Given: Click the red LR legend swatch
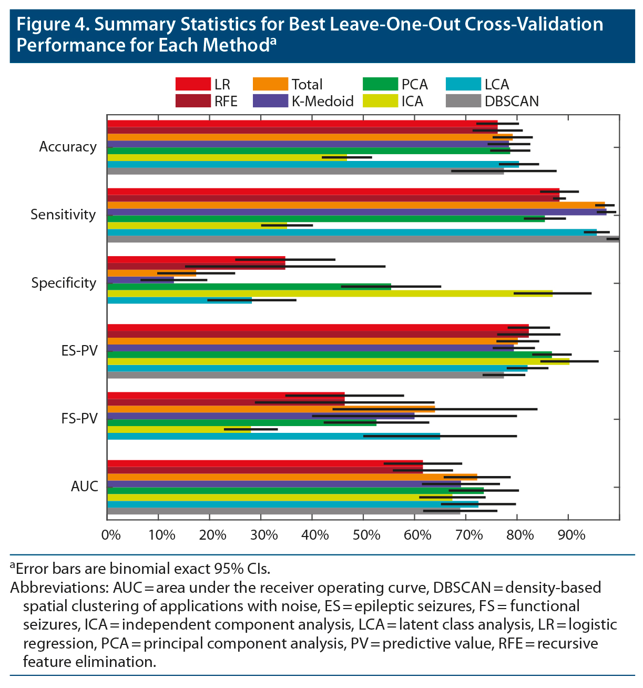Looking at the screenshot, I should pos(192,84).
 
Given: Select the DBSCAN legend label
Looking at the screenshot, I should pos(511,102).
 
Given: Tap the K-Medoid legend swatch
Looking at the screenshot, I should pos(270,101).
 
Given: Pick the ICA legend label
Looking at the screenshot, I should pos(412,102).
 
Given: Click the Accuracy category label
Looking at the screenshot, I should pos(68,147).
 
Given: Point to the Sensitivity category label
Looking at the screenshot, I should pos(63,215).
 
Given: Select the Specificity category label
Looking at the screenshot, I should pos(64,283).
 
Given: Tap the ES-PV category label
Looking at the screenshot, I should pos(79,351).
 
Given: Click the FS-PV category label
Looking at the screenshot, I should pos(79,419).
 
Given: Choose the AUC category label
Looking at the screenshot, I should pos(85,487).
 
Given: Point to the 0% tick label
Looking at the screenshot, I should pos(111,535).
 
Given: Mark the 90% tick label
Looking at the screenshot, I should pos(571,535).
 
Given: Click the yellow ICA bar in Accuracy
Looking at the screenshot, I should pos(227,157).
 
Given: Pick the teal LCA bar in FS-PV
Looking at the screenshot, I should pos(273,436).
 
